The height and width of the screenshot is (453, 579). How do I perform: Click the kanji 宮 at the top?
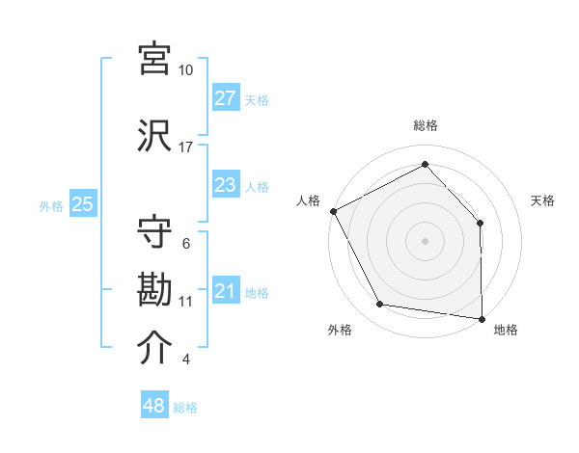click(x=155, y=59)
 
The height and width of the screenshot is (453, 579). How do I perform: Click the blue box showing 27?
click(x=225, y=98)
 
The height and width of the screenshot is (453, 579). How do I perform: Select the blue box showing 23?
click(x=225, y=185)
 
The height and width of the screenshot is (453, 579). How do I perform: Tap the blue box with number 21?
click(x=225, y=291)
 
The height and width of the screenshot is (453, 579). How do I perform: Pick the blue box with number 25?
click(x=82, y=204)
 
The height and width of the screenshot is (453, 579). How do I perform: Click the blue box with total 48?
click(x=154, y=406)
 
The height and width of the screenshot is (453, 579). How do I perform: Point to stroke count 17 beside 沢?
click(x=186, y=147)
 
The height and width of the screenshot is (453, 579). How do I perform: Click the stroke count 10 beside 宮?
click(x=186, y=70)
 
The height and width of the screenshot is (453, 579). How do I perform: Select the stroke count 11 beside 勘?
click(x=186, y=302)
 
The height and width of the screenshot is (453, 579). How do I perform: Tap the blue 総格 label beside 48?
click(x=185, y=408)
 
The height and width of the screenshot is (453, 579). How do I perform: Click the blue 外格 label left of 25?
click(x=51, y=205)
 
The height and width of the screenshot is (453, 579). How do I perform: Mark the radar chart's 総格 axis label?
click(x=425, y=125)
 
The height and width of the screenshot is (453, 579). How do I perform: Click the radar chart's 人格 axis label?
click(x=308, y=200)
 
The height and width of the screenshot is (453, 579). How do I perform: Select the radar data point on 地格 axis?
click(x=482, y=318)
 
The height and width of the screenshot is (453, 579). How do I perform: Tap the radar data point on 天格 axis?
click(x=481, y=223)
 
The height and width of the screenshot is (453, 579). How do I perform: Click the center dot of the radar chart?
click(x=425, y=240)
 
